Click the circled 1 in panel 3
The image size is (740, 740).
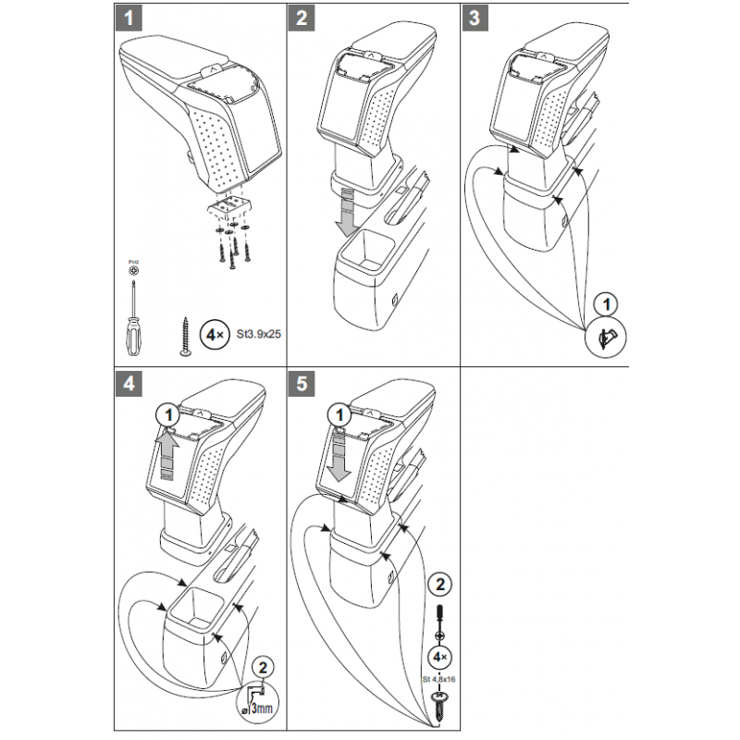606,302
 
